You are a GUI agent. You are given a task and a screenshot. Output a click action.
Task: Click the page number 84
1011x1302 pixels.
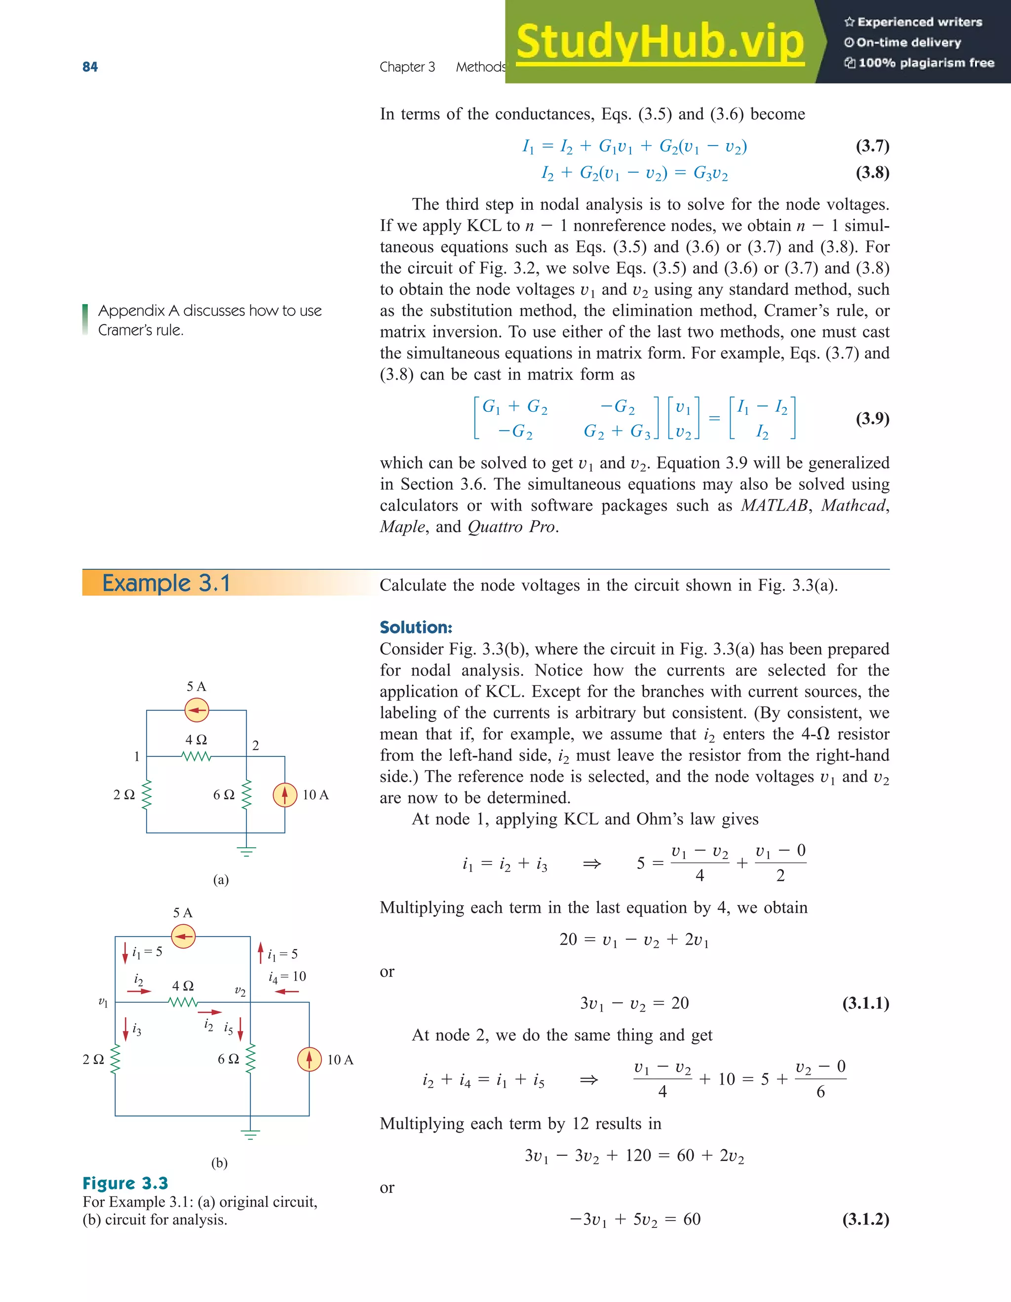90,67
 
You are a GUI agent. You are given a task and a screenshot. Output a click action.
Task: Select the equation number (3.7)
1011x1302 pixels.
872,146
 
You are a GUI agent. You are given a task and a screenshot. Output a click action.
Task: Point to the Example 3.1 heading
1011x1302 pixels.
166,583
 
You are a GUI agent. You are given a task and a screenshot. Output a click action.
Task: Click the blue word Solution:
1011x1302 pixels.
416,627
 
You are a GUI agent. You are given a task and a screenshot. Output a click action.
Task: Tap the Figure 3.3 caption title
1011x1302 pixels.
125,1183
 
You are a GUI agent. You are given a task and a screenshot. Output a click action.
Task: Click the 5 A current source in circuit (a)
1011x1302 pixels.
196,710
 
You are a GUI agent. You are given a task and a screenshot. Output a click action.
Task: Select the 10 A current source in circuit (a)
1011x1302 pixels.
285,794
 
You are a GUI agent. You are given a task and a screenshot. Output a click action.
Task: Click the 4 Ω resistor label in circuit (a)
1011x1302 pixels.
196,740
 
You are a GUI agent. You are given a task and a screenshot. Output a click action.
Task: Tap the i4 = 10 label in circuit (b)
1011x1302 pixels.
287,977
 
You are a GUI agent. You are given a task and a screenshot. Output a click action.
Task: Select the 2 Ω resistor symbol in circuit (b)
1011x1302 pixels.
116,1060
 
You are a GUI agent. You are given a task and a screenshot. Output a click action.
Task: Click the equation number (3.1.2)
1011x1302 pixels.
865,1219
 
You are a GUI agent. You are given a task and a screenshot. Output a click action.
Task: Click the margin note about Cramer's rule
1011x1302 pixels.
209,320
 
